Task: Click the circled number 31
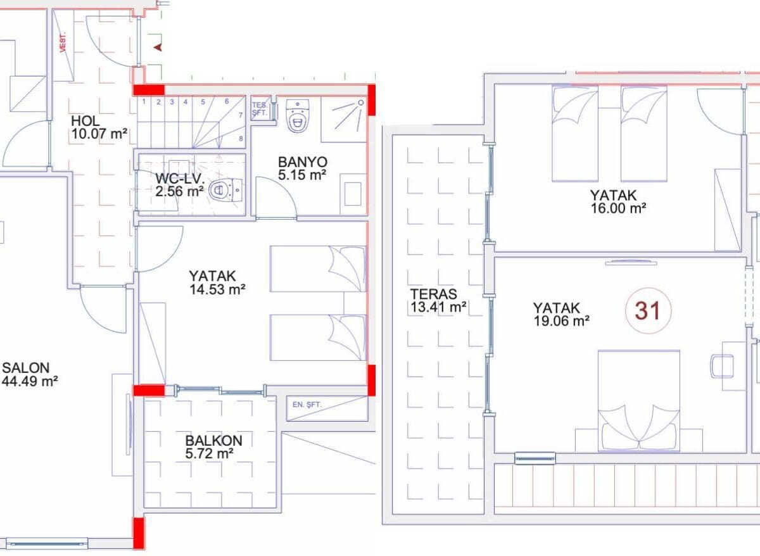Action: [648, 311]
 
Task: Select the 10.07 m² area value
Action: [99, 134]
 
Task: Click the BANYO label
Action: [303, 162]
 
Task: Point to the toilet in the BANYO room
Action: [298, 115]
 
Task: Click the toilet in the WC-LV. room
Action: [226, 191]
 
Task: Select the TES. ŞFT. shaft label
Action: [260, 109]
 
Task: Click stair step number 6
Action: [227, 101]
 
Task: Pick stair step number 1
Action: [144, 101]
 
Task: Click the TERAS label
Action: [433, 294]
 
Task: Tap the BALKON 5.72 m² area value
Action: [209, 453]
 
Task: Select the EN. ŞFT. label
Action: [307, 405]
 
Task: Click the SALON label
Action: [26, 368]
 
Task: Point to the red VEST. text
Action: [63, 42]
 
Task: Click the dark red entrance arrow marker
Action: [158, 47]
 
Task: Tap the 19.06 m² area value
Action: [562, 320]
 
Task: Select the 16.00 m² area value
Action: [619, 208]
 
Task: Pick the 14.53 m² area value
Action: [217, 289]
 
